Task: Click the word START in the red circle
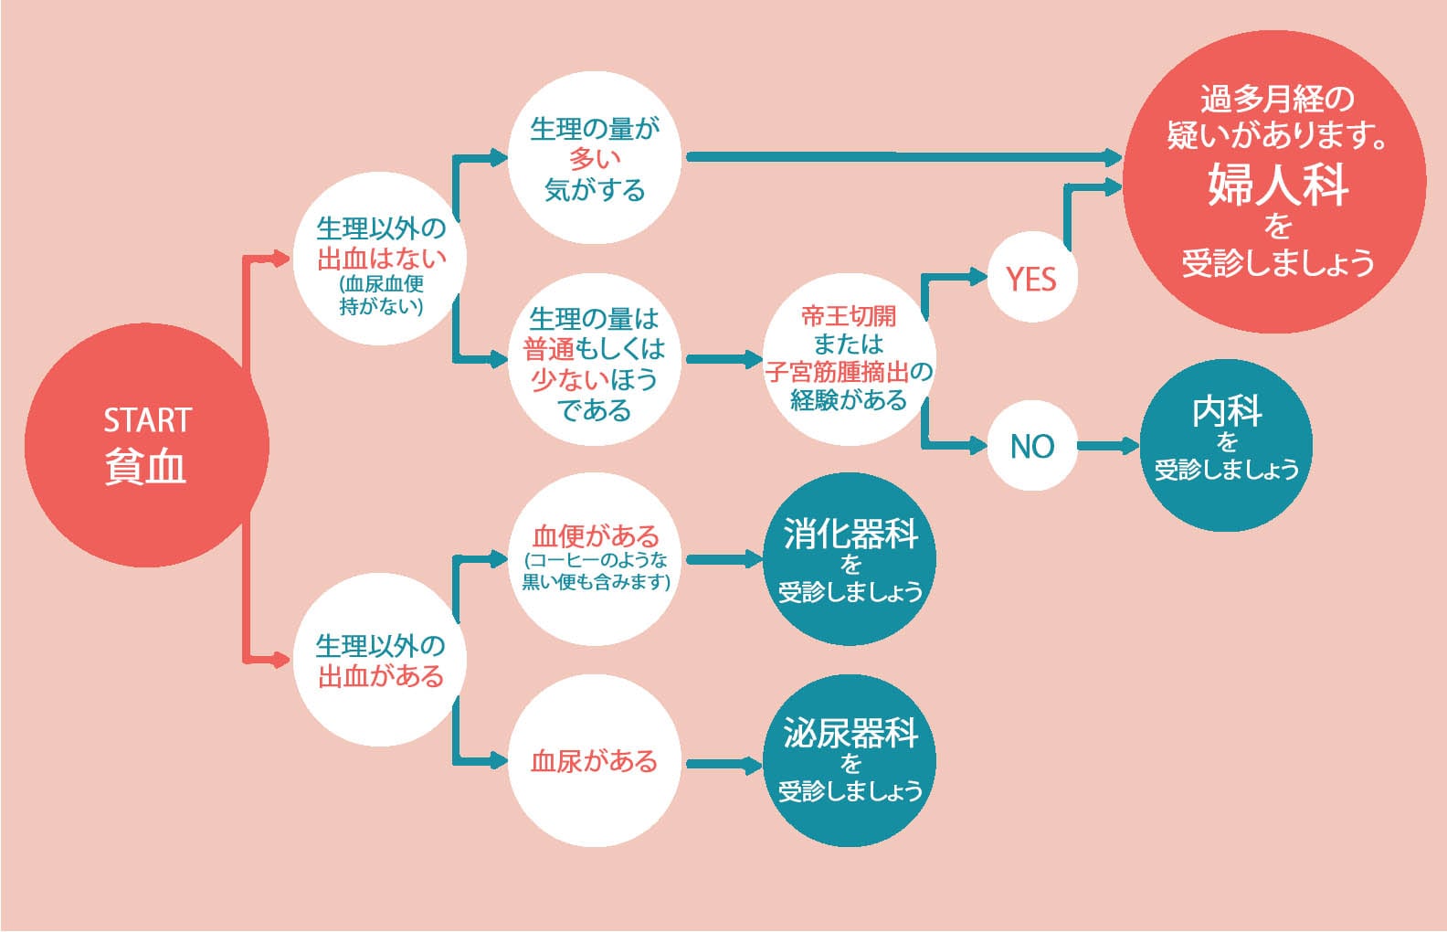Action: point(147,420)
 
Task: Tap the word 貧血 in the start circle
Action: point(146,466)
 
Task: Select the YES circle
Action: point(1031,278)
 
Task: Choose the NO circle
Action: point(1032,446)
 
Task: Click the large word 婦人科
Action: point(1278,184)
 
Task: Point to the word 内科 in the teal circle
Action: point(1227,412)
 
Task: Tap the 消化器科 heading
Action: point(850,534)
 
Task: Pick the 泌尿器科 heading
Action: point(850,733)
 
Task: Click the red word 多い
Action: point(595,159)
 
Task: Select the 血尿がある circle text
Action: point(595,761)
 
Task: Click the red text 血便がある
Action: point(595,535)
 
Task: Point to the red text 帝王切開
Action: point(849,316)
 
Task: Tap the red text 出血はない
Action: point(381,259)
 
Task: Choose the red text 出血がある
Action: point(381,676)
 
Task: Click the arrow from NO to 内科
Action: point(1108,446)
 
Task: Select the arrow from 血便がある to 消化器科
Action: point(723,559)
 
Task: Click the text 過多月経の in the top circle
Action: point(1276,98)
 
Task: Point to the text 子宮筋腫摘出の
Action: point(849,372)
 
